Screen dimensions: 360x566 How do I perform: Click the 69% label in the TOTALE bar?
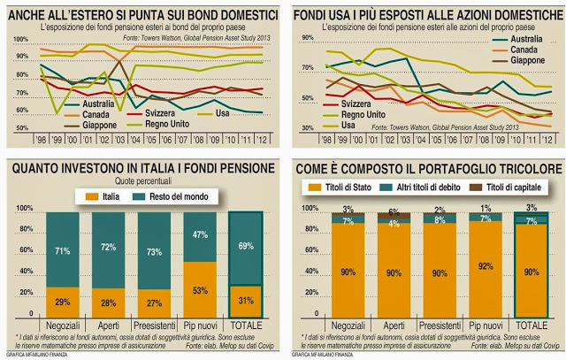point(248,244)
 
